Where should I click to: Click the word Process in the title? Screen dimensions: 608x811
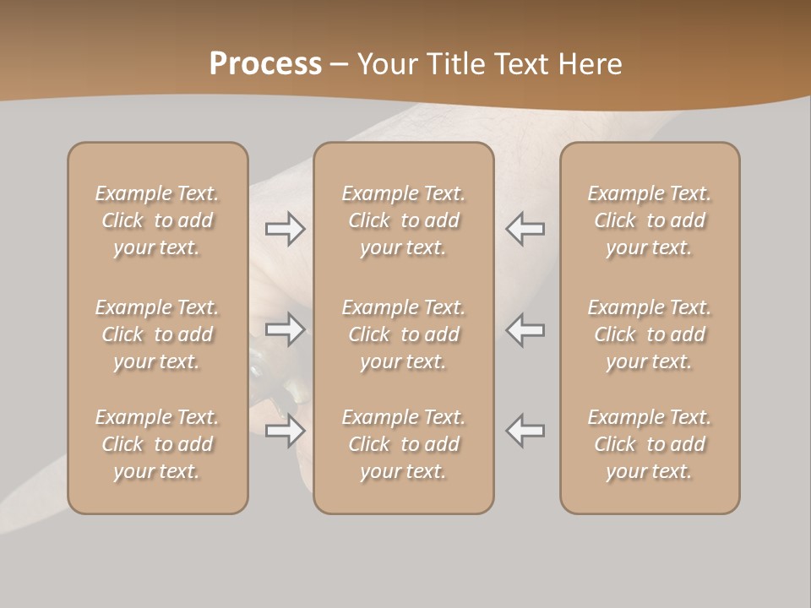click(265, 64)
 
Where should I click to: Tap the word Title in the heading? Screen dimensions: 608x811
click(456, 64)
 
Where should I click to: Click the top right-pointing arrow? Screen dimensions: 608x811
click(286, 229)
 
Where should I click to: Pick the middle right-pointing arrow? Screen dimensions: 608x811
click(286, 329)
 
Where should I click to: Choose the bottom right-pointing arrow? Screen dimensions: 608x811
click(286, 431)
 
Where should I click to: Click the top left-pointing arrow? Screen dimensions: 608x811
click(525, 229)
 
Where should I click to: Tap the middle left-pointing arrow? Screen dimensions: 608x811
click(525, 329)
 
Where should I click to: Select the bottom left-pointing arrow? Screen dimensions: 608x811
click(525, 431)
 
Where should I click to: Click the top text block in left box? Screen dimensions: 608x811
click(157, 220)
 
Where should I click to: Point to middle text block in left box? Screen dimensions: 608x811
click(157, 334)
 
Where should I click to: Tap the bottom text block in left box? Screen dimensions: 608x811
click(157, 444)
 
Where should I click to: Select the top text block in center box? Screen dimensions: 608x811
click(403, 220)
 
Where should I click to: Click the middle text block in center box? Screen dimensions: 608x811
click(403, 334)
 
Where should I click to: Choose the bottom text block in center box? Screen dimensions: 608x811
click(403, 444)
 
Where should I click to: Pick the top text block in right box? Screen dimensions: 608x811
click(650, 220)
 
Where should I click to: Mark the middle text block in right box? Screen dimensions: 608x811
click(650, 334)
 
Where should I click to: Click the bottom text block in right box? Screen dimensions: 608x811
click(650, 444)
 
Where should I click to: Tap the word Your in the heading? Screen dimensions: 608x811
click(389, 64)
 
